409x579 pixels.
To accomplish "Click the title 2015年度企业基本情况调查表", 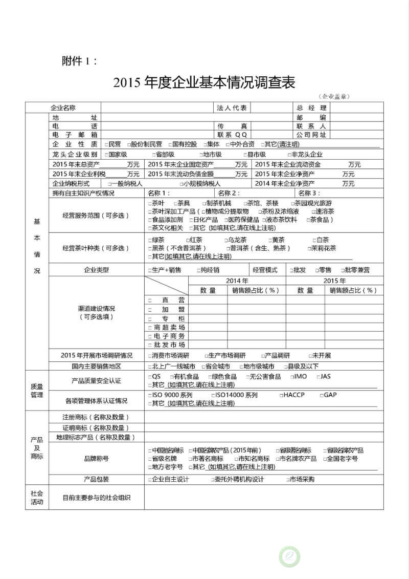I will pos(204,82).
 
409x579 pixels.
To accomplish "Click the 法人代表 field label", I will pos(232,108).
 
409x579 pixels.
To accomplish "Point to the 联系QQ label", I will pos(232,135).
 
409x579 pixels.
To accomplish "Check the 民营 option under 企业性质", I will pos(112,144).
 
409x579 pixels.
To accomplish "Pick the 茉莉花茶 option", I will pos(322,248).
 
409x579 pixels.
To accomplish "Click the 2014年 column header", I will pos(237,281).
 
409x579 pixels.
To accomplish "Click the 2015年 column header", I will pos(335,281).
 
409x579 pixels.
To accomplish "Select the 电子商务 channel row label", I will pos(167,336).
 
